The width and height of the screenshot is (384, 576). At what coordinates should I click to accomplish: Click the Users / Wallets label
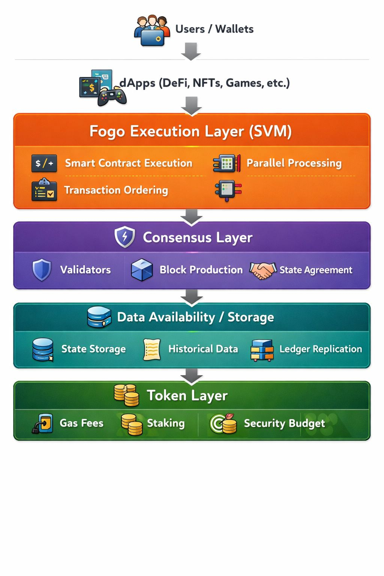point(214,29)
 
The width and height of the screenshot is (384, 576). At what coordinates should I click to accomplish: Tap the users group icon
point(152,31)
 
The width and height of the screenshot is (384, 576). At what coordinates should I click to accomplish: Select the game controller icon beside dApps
point(112,97)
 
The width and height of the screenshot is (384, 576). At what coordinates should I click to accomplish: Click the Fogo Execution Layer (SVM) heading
point(190,131)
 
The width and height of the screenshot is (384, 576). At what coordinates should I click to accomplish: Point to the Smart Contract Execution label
point(128,163)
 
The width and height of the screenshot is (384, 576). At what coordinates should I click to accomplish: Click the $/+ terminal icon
point(44,163)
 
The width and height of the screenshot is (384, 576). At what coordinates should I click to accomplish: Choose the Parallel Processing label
point(294,163)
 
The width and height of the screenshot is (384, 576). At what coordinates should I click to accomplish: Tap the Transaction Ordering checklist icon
point(44,190)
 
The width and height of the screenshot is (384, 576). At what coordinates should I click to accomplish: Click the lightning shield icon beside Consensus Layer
point(125,237)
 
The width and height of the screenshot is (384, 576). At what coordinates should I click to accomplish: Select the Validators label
point(85,270)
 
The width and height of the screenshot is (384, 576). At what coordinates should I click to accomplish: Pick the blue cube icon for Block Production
point(142,270)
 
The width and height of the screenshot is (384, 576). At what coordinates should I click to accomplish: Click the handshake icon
point(263,270)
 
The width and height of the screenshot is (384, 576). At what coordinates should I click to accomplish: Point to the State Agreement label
point(316,270)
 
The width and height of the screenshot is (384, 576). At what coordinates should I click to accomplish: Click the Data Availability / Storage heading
point(195,317)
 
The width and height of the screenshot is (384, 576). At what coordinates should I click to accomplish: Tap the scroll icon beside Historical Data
point(152,349)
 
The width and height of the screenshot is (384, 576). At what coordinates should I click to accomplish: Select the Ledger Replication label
point(321,349)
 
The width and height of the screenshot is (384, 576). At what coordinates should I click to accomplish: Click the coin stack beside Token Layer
point(126,395)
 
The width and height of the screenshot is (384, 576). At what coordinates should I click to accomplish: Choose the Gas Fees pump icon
point(42,423)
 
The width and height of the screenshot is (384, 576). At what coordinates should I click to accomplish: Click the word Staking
point(166,423)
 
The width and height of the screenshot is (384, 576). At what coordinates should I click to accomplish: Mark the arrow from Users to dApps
point(191,51)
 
